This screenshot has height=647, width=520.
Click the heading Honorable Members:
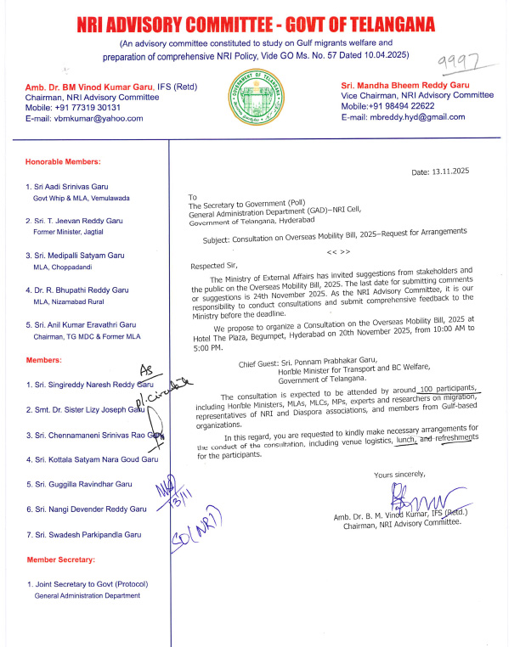(x=63, y=161)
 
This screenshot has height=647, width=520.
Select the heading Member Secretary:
(x=60, y=560)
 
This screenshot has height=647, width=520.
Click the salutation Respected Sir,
(x=214, y=265)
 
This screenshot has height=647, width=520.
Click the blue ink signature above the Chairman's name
(x=412, y=497)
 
